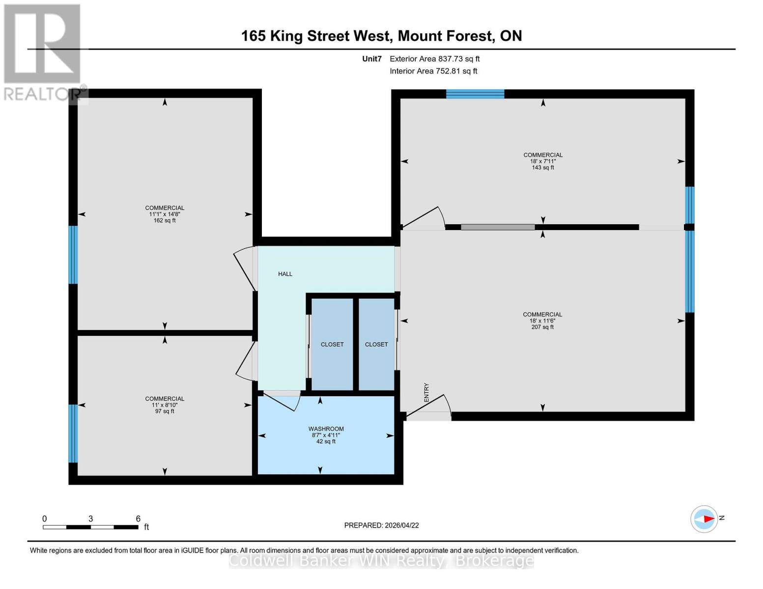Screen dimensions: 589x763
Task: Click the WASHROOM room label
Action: click(326, 428)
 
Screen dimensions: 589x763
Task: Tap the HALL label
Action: click(285, 274)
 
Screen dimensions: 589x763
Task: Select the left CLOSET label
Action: click(332, 345)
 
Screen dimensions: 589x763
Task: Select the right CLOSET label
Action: click(376, 345)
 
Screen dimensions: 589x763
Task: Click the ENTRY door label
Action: click(426, 393)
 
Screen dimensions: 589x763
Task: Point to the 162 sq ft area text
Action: click(165, 221)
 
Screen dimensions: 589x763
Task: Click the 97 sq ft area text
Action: click(165, 411)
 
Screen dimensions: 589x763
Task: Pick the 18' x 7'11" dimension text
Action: click(543, 161)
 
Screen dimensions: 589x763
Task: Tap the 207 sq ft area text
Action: click(542, 327)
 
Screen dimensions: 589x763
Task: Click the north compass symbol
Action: click(705, 519)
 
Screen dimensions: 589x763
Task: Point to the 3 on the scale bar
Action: click(91, 519)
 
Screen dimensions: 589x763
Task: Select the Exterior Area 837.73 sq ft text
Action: click(434, 59)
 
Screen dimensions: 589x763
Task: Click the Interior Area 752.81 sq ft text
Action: click(433, 71)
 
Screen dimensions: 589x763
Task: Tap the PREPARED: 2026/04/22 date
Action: click(381, 525)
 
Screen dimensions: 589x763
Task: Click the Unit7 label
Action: click(372, 59)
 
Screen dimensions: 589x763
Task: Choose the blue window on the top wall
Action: click(475, 94)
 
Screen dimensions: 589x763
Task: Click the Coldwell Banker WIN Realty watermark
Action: click(381, 561)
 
